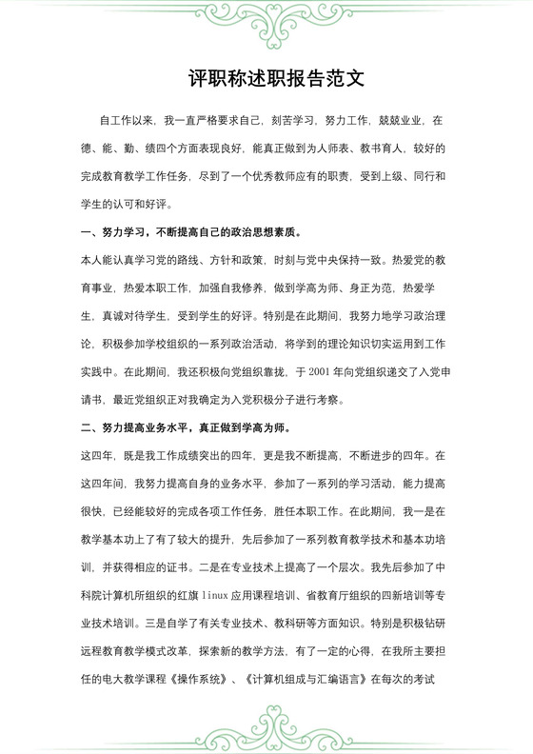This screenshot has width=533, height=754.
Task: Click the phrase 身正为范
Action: (x=370, y=288)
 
